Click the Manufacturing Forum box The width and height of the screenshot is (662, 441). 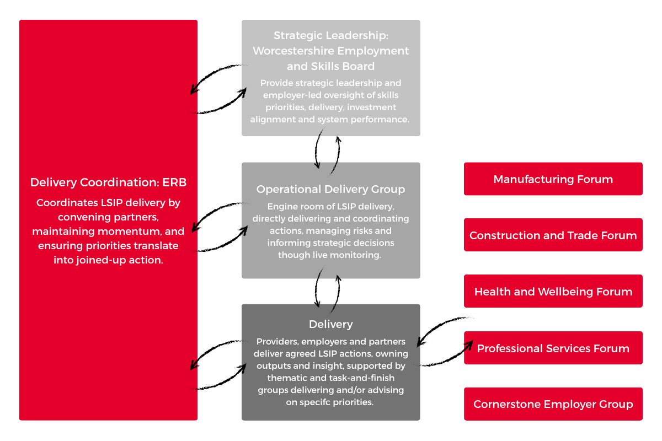pyautogui.click(x=553, y=179)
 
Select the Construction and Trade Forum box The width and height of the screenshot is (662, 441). pyautogui.click(x=553, y=235)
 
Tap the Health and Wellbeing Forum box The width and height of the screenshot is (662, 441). pyautogui.click(x=553, y=291)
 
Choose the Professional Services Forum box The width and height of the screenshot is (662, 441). pyautogui.click(x=553, y=348)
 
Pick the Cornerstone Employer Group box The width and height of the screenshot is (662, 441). pyautogui.click(x=553, y=404)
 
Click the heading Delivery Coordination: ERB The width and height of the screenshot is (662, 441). pyautogui.click(x=108, y=182)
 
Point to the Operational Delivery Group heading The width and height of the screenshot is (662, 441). pyautogui.click(x=330, y=189)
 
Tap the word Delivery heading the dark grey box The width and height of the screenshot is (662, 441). pyautogui.click(x=330, y=324)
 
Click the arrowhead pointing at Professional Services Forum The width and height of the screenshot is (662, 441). pyautogui.click(x=470, y=345)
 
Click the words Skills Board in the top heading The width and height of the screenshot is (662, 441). pyautogui.click(x=343, y=66)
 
